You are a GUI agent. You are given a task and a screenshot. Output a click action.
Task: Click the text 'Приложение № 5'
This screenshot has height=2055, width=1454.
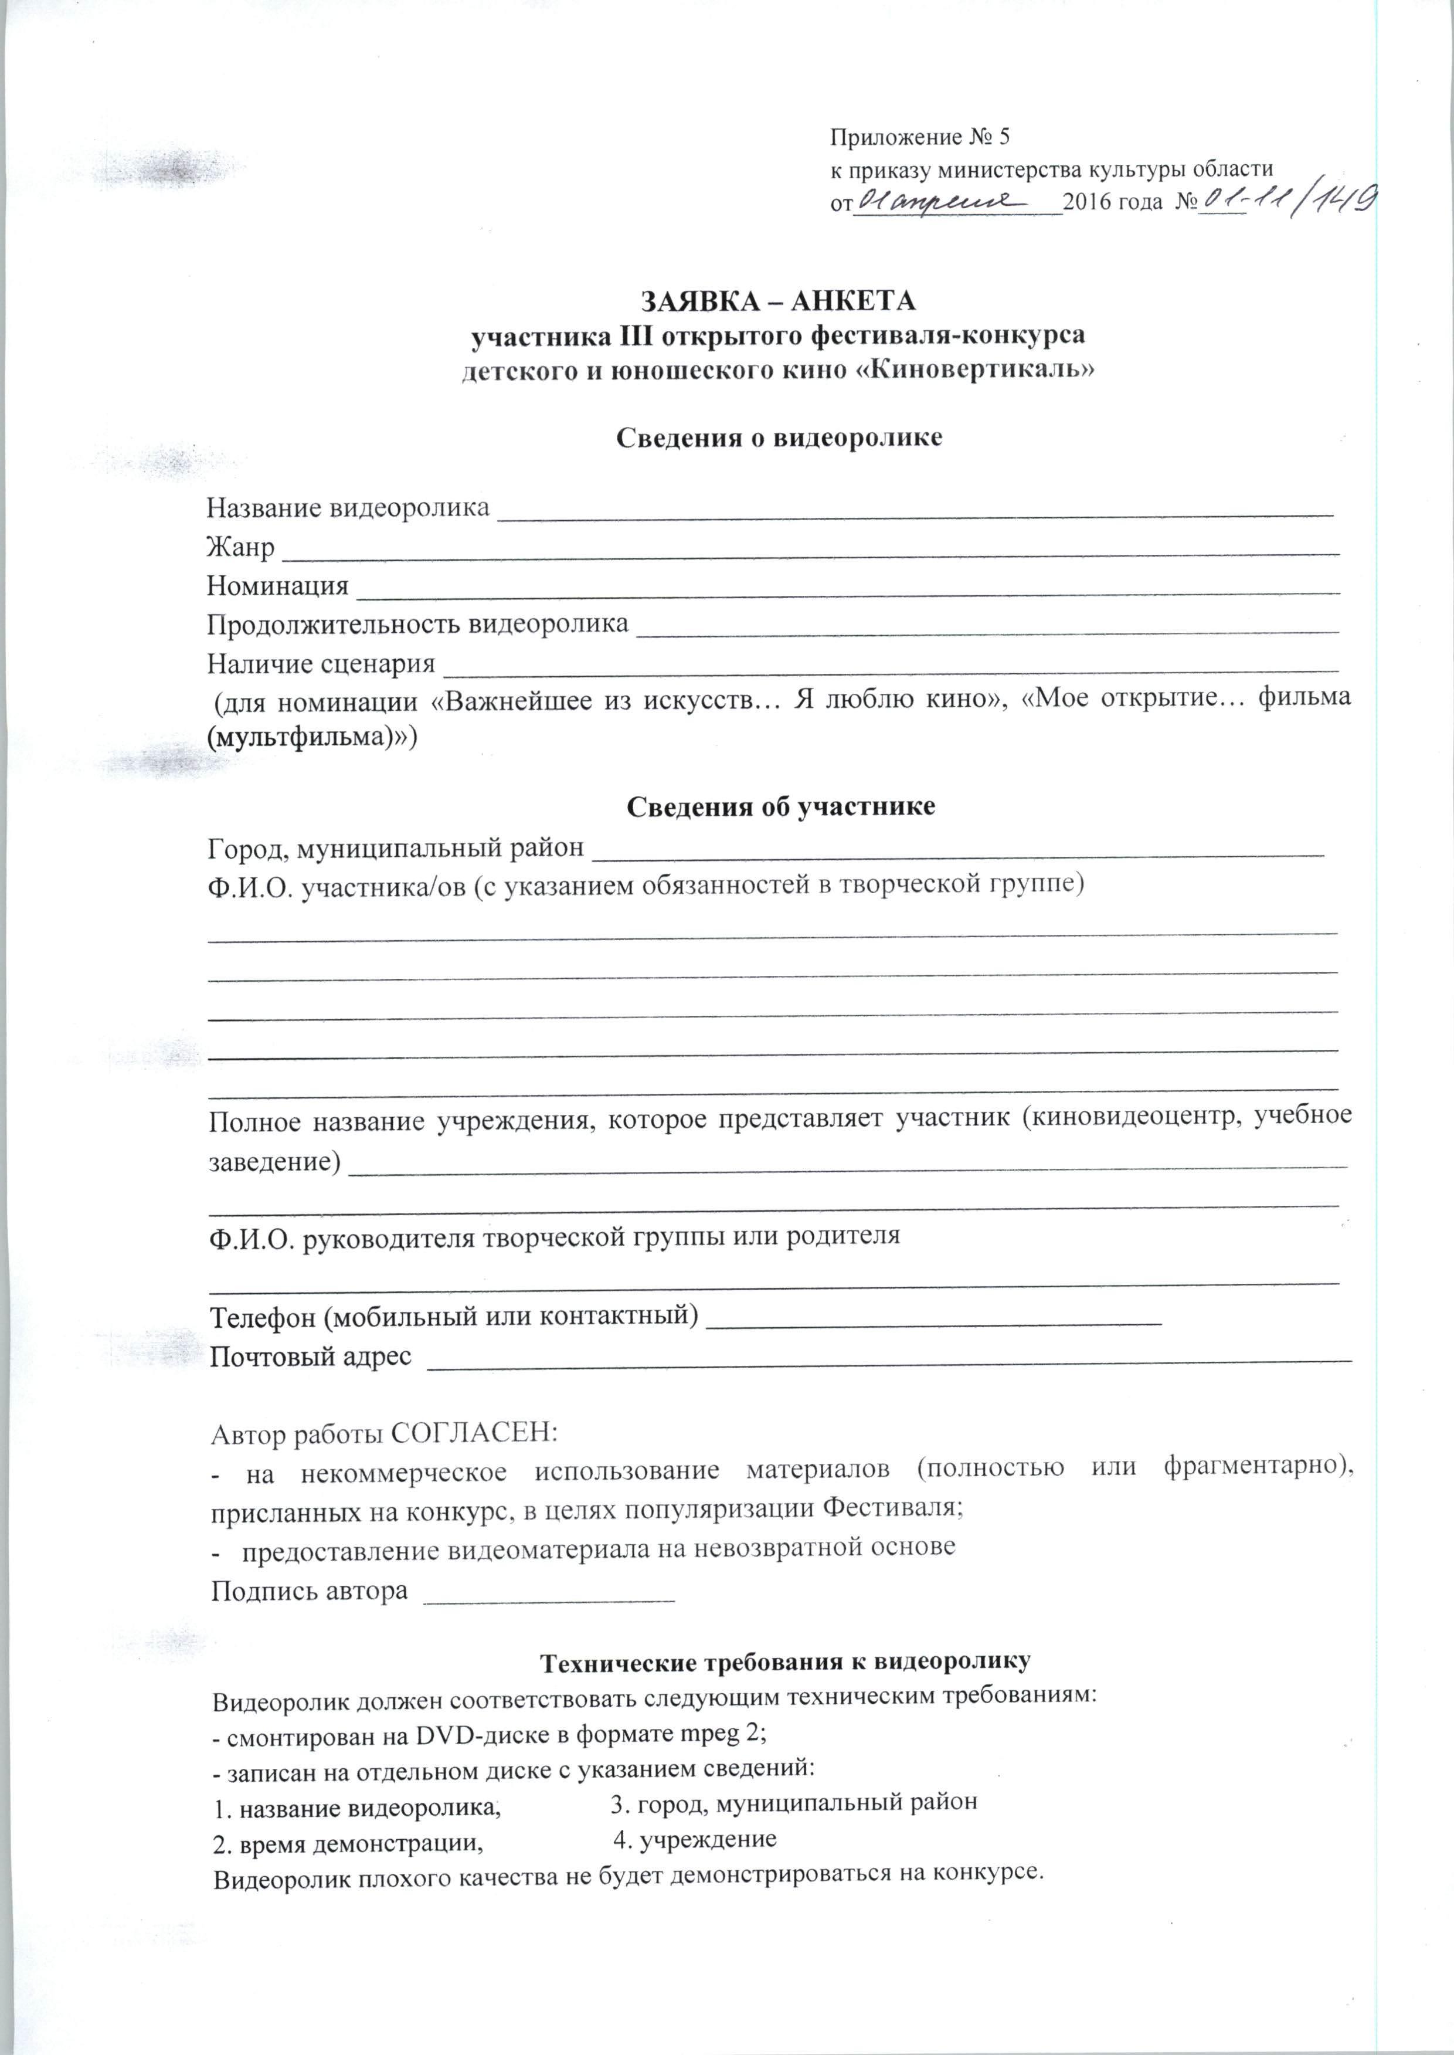click(x=919, y=137)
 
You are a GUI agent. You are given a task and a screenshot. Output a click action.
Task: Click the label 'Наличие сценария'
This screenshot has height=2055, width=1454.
click(x=321, y=663)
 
